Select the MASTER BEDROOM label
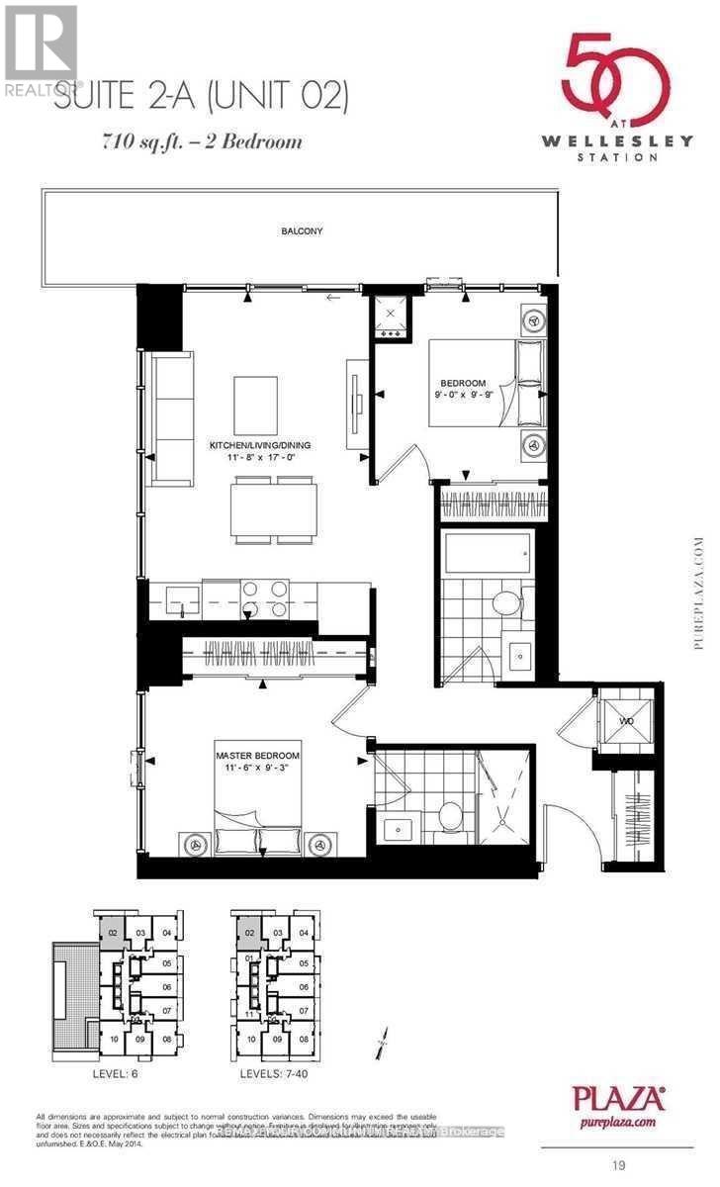tap(257, 756)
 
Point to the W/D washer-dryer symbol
tap(625, 721)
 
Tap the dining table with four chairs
tap(274, 509)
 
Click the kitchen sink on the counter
tap(183, 597)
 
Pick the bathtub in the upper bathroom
tap(489, 552)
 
